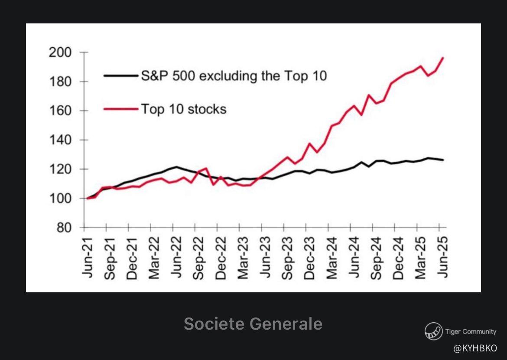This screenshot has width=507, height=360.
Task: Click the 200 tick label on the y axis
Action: (x=60, y=52)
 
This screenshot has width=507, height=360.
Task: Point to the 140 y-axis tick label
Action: (x=60, y=140)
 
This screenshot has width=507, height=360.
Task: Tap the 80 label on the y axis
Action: (x=64, y=228)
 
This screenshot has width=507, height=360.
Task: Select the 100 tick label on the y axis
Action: (x=60, y=198)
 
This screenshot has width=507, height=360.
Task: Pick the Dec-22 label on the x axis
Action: (x=221, y=258)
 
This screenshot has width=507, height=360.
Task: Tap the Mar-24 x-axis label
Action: (x=332, y=258)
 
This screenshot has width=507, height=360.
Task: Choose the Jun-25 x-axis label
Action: (x=443, y=257)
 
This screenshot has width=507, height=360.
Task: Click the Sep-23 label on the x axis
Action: (x=287, y=258)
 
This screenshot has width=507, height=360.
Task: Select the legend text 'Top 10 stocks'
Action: (x=184, y=109)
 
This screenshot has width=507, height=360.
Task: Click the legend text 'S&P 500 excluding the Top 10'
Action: (x=234, y=76)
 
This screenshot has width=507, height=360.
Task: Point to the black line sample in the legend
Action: (x=120, y=76)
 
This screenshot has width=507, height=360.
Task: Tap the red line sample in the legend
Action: (x=120, y=109)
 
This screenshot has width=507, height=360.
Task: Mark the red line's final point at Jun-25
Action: (x=443, y=58)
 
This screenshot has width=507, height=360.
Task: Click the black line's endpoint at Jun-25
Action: (x=443, y=160)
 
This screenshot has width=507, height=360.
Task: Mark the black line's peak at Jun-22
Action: (x=176, y=167)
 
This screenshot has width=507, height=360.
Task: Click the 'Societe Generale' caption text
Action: (x=253, y=324)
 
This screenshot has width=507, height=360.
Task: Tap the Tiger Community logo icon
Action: (x=434, y=331)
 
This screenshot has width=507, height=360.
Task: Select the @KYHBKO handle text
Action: (x=475, y=348)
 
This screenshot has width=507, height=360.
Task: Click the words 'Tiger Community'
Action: (x=471, y=331)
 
